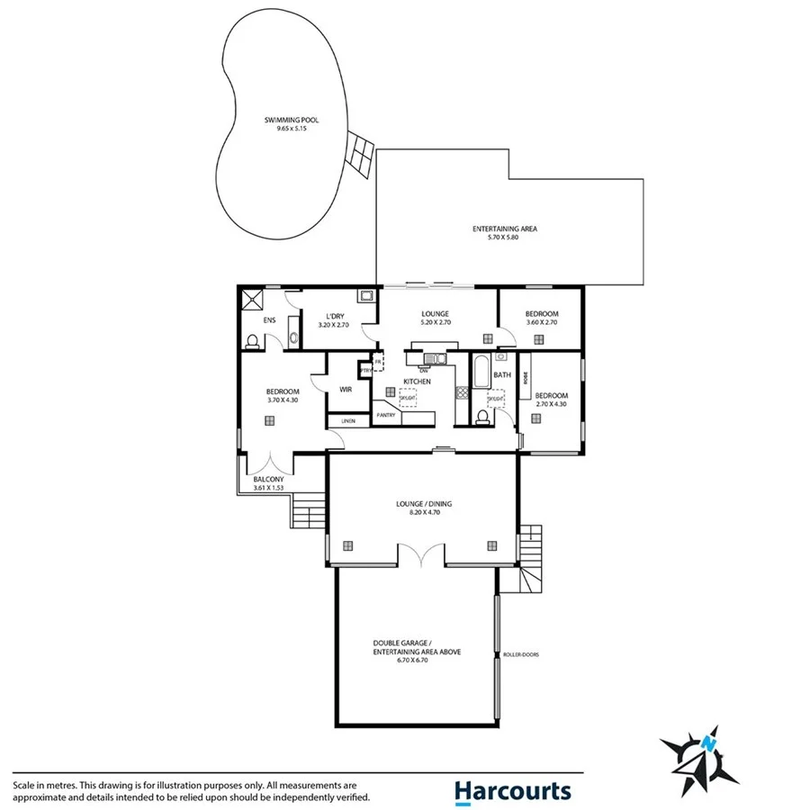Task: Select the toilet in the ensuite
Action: (253, 340)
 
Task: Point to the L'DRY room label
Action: (334, 316)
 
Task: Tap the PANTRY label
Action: (386, 415)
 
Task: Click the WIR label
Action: (345, 390)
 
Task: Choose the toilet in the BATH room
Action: (481, 415)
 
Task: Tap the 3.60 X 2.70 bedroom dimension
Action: (542, 322)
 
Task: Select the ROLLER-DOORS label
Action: (521, 654)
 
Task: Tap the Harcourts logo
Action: (512, 791)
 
